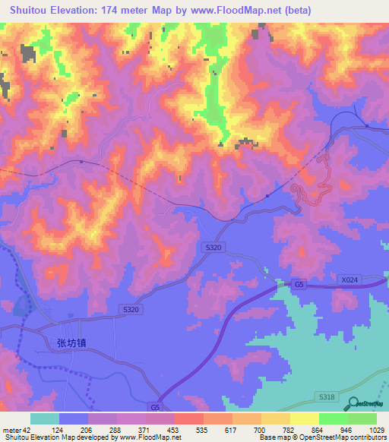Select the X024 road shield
tap(349, 280)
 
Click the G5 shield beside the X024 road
tap(299, 284)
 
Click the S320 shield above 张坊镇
tap(131, 309)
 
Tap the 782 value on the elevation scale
tap(270, 429)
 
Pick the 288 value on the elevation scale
tap(119, 429)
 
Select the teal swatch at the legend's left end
tap(44, 418)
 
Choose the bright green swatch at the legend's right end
tap(362, 418)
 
